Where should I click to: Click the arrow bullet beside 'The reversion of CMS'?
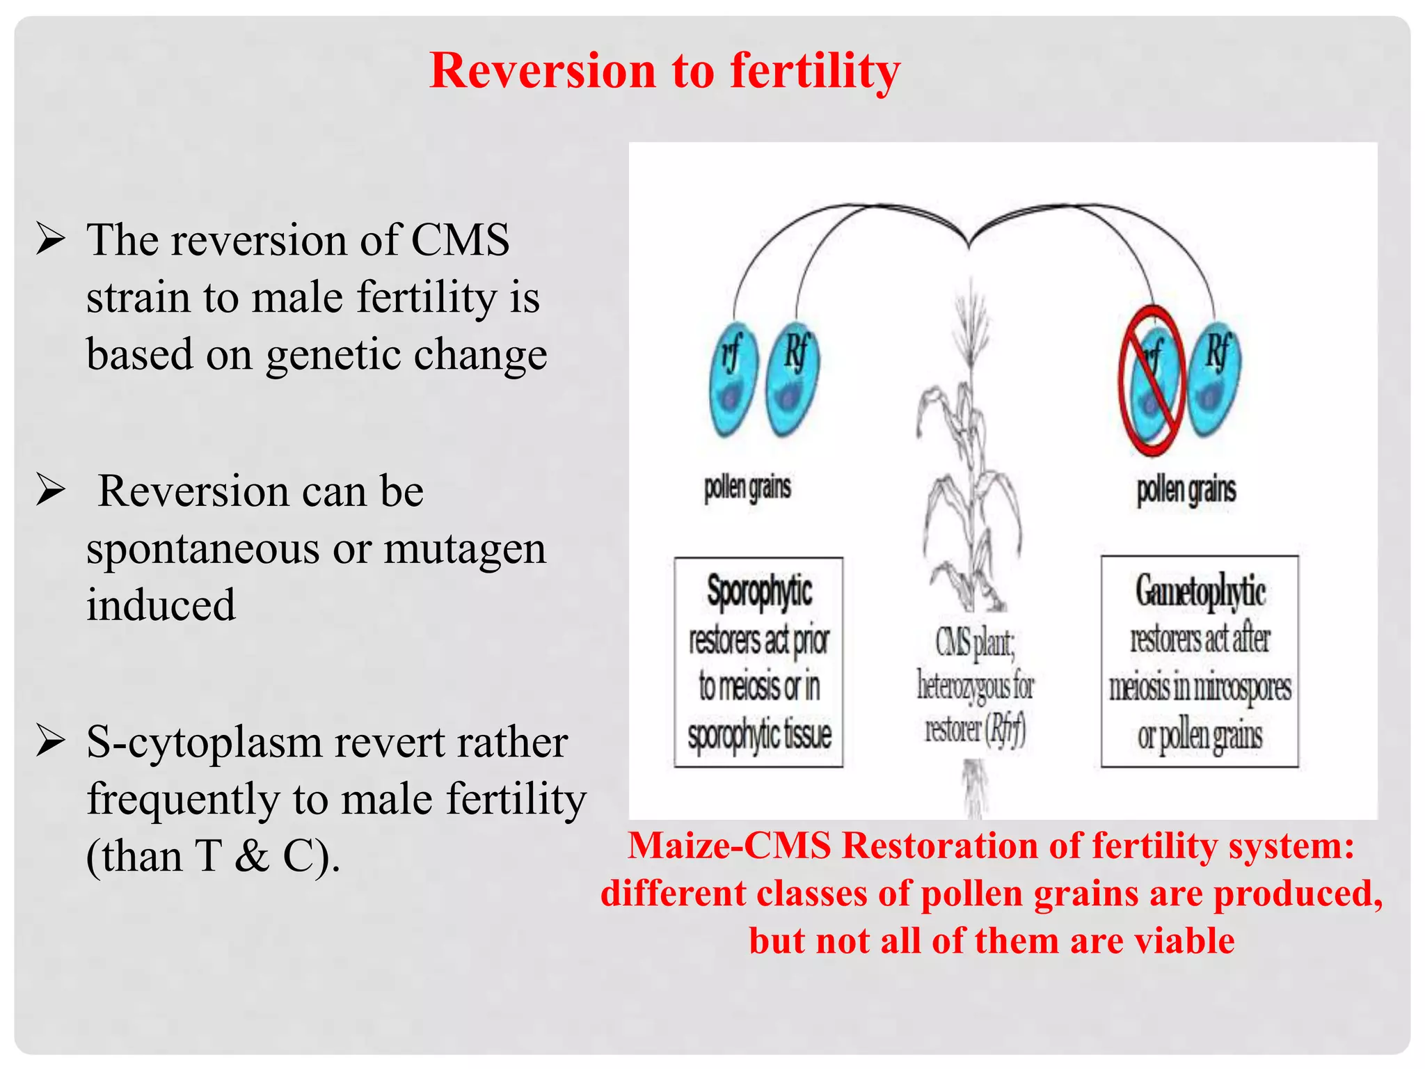pos(51,239)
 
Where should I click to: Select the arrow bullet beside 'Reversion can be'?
pos(51,491)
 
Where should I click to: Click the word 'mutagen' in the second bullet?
pos(464,550)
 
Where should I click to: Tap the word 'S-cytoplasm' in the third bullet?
pos(203,742)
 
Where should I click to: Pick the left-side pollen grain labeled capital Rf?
pos(792,379)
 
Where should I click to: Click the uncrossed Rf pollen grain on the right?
pos(1213,379)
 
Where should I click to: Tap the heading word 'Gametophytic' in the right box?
pos(1200,591)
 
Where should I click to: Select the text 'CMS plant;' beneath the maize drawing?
pos(974,642)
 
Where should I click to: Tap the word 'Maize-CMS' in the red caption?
pos(729,846)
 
